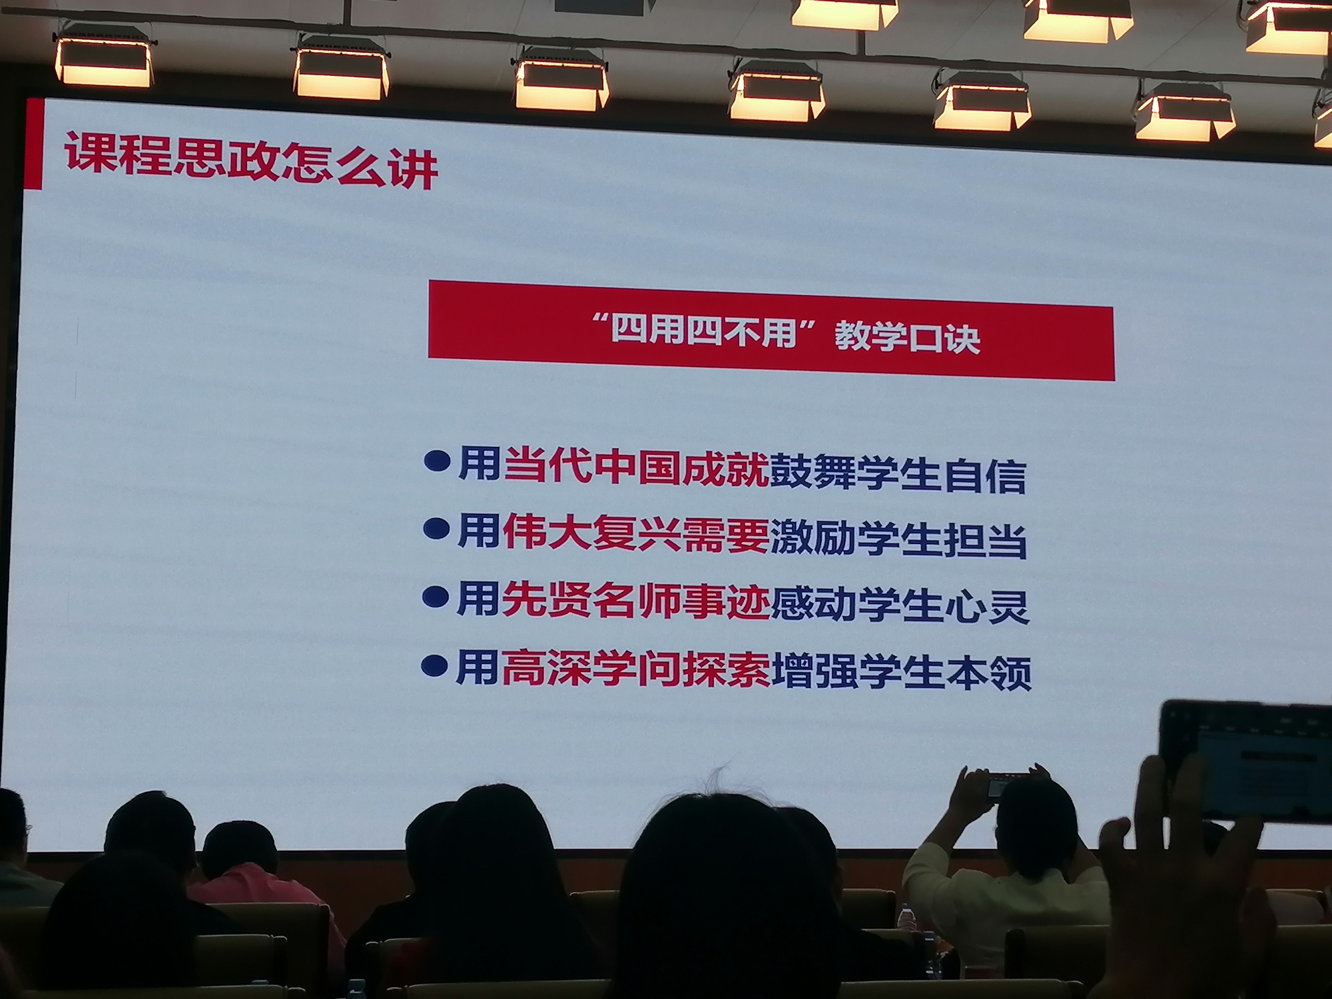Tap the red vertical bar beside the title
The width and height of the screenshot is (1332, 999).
click(x=34, y=144)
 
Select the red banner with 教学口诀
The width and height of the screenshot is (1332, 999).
click(x=771, y=330)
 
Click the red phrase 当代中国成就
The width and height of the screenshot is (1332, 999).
click(x=636, y=464)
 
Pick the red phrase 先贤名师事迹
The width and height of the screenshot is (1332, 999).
click(x=635, y=599)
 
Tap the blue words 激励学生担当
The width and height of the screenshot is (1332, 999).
click(x=898, y=537)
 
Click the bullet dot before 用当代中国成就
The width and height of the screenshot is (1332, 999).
click(x=437, y=461)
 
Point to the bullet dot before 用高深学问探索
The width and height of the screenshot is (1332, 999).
click(x=434, y=665)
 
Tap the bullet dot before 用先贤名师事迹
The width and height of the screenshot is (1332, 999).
click(x=435, y=597)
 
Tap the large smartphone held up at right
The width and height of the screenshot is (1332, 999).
click(x=1245, y=760)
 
